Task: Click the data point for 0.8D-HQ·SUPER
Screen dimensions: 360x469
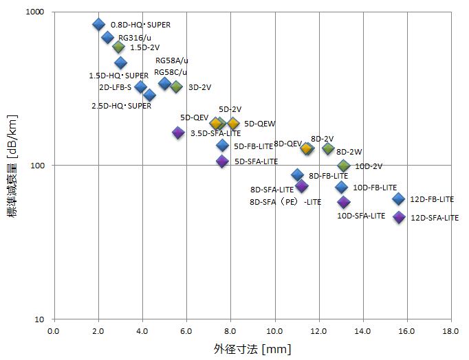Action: click(x=98, y=25)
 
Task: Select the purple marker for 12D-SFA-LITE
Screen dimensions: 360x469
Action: click(x=399, y=217)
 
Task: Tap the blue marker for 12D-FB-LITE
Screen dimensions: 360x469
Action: click(x=399, y=199)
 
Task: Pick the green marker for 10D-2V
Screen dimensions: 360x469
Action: click(x=344, y=166)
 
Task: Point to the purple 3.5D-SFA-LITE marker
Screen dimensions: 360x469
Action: click(x=178, y=133)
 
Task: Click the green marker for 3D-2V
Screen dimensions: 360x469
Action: click(x=176, y=87)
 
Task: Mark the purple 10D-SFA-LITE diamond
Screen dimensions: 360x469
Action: click(x=344, y=202)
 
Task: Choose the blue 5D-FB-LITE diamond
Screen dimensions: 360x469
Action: click(x=222, y=146)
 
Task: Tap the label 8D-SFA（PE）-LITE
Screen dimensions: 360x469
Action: click(x=285, y=202)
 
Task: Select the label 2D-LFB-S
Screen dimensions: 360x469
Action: click(x=115, y=87)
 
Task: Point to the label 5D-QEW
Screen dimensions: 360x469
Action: click(x=259, y=124)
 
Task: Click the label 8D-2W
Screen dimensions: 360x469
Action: click(x=349, y=152)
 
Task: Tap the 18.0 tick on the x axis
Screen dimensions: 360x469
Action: click(x=451, y=331)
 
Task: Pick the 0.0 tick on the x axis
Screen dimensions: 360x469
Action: click(x=54, y=331)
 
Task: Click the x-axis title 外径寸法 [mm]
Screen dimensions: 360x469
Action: click(x=252, y=349)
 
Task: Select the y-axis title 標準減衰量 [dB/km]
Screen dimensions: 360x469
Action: click(x=12, y=166)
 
